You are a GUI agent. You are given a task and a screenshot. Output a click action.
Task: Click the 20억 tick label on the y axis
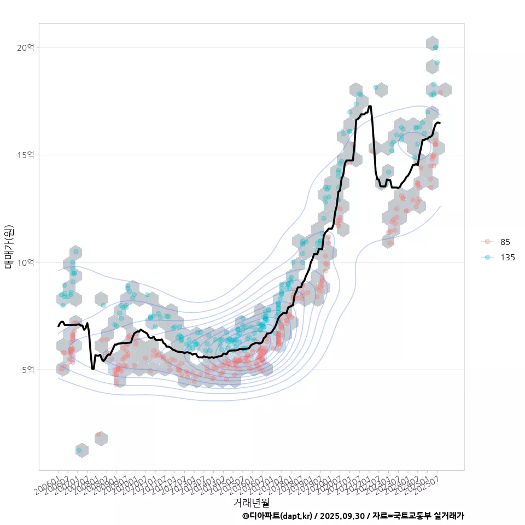tap(26, 48)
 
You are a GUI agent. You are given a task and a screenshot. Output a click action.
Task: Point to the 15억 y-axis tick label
tap(26, 155)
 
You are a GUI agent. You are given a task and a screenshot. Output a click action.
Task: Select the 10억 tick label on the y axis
tap(26, 262)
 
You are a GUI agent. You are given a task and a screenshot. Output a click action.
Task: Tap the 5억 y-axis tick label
tap(28, 370)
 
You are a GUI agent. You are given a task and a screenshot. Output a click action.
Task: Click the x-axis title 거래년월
tap(251, 502)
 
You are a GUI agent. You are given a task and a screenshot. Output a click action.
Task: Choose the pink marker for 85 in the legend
tap(487, 242)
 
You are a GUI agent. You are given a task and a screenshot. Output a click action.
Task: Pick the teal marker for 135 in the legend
tap(487, 257)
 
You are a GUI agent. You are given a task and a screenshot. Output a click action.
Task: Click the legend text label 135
tap(507, 257)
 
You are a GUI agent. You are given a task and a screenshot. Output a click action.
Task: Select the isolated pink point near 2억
tap(98, 435)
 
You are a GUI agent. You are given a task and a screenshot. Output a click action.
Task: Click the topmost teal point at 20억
tap(435, 48)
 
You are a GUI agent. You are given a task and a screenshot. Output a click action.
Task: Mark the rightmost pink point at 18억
tap(440, 93)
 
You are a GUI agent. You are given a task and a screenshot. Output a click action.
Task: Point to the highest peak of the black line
tap(370, 106)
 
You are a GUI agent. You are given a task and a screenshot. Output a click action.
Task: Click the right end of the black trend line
tap(440, 123)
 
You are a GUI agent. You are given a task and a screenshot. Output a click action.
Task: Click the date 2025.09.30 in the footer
tap(342, 516)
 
